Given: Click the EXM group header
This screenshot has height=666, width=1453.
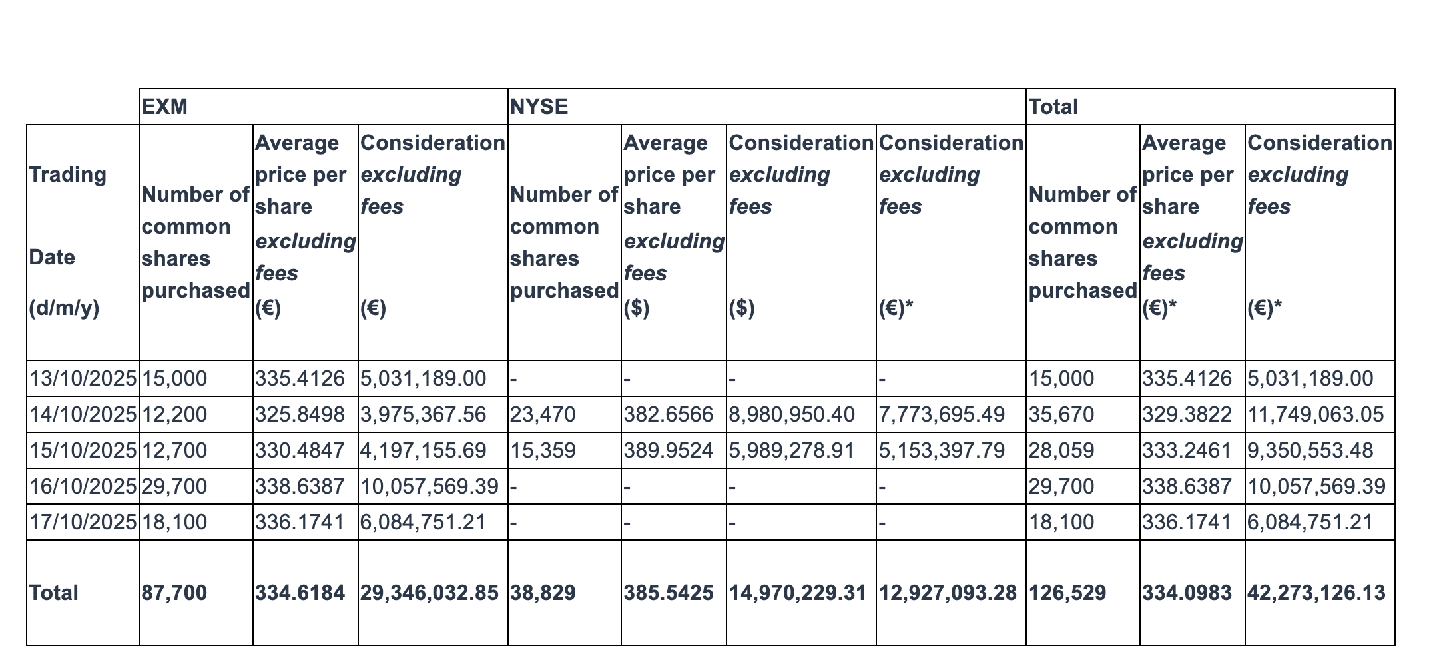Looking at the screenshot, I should (164, 107).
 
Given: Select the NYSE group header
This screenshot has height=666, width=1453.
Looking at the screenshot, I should (539, 107).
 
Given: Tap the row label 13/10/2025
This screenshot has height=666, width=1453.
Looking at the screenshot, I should (83, 378).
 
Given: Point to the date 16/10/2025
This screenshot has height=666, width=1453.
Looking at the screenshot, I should (83, 486).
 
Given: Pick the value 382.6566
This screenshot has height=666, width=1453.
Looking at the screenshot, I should (668, 414).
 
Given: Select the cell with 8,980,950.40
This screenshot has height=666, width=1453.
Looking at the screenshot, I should (792, 414).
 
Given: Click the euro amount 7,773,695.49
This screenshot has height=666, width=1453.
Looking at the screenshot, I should (942, 414).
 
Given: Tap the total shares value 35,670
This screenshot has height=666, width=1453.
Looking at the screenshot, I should (1061, 414).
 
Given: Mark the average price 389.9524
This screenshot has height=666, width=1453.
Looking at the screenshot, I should (668, 450).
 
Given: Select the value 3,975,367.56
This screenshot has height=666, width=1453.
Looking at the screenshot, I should (423, 414).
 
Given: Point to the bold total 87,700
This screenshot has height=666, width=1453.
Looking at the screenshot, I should (174, 593).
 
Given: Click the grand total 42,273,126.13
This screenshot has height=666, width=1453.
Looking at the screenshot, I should (1316, 593).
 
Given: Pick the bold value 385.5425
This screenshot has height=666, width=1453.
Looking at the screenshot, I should (668, 593).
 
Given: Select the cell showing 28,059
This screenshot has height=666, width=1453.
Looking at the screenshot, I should (1061, 450).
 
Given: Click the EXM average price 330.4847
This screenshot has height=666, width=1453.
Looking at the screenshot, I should (300, 450).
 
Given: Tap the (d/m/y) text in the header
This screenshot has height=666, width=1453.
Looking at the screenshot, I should (64, 308).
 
